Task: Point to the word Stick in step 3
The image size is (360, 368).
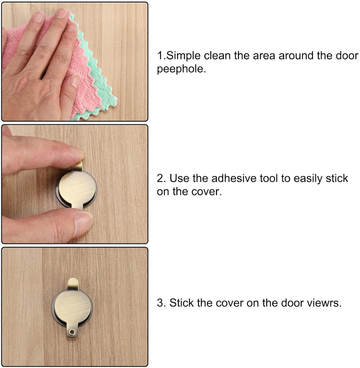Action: click(x=182, y=303)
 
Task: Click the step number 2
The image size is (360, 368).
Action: click(x=160, y=179)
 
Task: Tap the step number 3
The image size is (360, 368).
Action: click(x=160, y=303)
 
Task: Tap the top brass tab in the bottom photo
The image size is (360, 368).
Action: click(x=73, y=284)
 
